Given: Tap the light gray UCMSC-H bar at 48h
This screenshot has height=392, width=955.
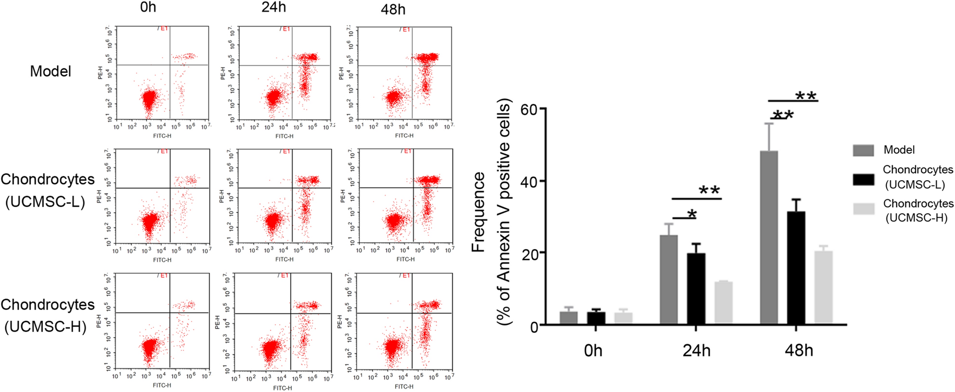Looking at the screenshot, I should pyautogui.click(x=823, y=287).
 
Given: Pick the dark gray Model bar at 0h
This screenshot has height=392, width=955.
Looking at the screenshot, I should pyautogui.click(x=568, y=318).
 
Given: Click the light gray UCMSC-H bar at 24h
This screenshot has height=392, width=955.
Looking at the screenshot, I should pyautogui.click(x=723, y=302).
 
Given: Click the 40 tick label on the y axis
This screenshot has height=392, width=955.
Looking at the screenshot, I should pyautogui.click(x=529, y=182).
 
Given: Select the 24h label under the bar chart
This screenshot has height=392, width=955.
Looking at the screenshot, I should pyautogui.click(x=696, y=351).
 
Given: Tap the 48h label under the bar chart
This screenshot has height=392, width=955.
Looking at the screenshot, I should pyautogui.click(x=798, y=351).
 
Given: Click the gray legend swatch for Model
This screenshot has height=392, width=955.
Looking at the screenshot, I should pyautogui.click(x=863, y=150).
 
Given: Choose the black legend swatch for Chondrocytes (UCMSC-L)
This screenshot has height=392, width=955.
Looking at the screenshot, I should pyautogui.click(x=863, y=179).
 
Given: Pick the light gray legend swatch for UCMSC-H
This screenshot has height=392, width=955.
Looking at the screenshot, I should pyautogui.click(x=863, y=209).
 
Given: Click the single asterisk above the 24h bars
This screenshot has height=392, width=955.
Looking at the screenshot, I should pyautogui.click(x=692, y=214).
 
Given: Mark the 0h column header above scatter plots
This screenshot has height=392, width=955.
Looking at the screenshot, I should pyautogui.click(x=148, y=7).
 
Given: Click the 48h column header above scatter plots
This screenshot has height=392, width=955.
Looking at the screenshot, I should pyautogui.click(x=393, y=9).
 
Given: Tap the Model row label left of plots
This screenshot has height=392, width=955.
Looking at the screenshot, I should pyautogui.click(x=50, y=71).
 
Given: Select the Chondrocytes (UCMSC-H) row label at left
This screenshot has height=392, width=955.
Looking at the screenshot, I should pyautogui.click(x=47, y=315).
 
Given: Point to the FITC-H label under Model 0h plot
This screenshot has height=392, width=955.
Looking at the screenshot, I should pyautogui.click(x=162, y=136).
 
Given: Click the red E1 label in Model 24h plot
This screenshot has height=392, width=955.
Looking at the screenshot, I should pyautogui.click(x=286, y=29).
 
